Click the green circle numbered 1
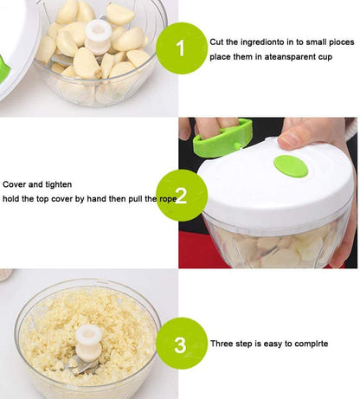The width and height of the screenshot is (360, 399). click(181, 48)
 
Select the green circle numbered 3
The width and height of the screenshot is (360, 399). click(180, 344)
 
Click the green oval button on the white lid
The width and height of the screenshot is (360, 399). click(291, 165)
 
